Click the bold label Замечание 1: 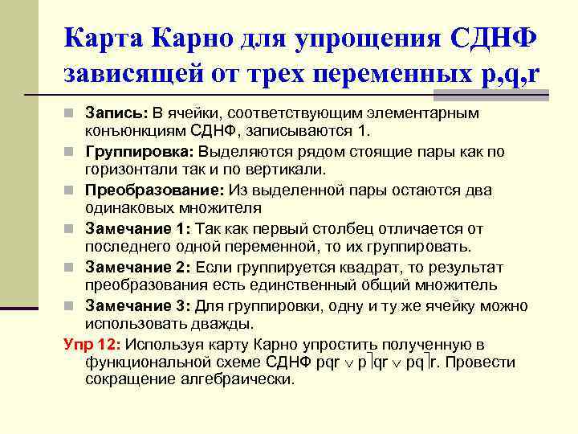click(137, 228)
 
